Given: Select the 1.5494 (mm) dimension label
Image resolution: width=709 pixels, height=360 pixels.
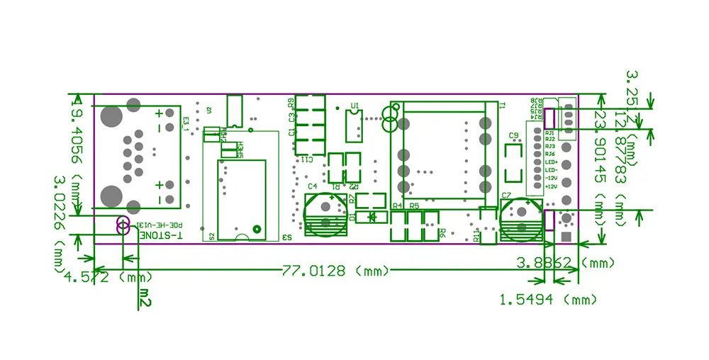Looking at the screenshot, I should click(x=548, y=300).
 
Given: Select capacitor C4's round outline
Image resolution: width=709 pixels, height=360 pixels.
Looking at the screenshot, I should click(x=324, y=215).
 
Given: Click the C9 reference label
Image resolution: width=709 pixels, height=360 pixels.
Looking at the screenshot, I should click(x=514, y=135).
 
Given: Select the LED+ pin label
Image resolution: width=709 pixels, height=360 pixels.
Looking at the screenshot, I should click(x=551, y=162).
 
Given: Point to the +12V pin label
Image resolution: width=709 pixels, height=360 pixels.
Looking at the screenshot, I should click(x=551, y=186).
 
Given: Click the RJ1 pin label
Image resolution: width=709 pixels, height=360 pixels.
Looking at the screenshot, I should click(x=550, y=132).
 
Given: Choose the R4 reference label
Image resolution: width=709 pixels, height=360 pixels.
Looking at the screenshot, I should click(x=397, y=206).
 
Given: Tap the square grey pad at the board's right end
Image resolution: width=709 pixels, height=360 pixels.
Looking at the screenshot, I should click(x=566, y=237).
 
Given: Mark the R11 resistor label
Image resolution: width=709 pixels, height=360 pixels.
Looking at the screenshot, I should click(x=476, y=235).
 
